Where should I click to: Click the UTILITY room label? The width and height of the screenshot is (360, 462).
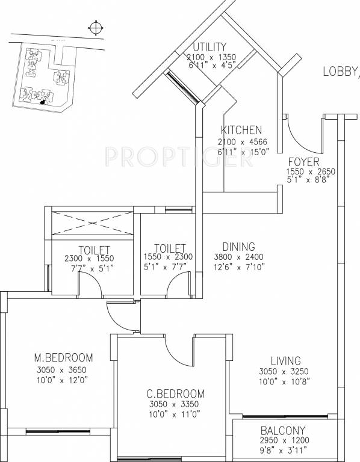[x=210, y=47]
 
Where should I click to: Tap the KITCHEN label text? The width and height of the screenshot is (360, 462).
[x=241, y=131]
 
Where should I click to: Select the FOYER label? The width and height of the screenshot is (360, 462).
[x=303, y=162]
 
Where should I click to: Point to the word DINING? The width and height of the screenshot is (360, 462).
[x=239, y=247]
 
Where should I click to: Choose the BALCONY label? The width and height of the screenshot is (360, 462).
[x=283, y=431]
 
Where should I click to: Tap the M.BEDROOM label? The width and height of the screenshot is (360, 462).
[x=63, y=356]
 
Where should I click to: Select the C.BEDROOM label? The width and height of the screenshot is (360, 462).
[x=175, y=394]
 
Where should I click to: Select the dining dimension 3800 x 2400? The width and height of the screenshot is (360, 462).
[x=239, y=257]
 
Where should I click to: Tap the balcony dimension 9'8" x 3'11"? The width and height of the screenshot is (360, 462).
[x=283, y=450]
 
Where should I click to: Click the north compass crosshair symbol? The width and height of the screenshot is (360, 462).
[x=95, y=26]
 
